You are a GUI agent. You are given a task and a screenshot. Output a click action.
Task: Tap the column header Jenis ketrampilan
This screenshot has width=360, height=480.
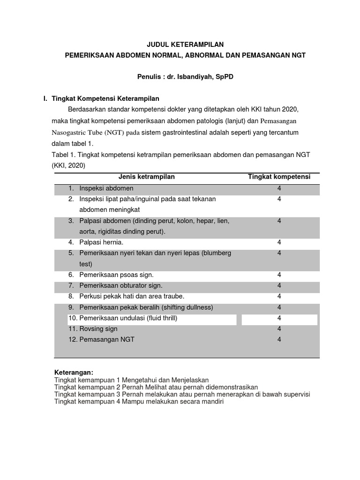[146, 177]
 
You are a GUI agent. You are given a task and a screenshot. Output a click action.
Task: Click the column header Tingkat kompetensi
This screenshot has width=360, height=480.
[279, 177]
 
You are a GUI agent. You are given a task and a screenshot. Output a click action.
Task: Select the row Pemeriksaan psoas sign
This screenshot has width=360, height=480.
[116, 275]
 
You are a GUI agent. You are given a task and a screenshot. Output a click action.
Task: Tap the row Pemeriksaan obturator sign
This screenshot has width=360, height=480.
[121, 285]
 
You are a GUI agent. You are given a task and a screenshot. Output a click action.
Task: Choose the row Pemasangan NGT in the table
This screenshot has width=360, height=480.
[107, 339]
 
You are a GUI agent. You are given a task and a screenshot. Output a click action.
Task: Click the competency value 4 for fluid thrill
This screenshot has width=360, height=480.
[279, 318]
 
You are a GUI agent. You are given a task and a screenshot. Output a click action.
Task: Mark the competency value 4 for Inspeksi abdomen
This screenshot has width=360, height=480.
[279, 188]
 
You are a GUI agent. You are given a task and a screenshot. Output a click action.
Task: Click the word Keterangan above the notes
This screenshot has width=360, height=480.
[74, 372]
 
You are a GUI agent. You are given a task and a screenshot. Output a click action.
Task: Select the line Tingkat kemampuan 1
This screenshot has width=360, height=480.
[131, 380]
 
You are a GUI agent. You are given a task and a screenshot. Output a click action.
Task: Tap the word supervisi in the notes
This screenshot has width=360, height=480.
[294, 394]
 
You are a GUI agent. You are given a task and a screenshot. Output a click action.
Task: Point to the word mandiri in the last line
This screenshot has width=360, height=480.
[212, 402]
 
